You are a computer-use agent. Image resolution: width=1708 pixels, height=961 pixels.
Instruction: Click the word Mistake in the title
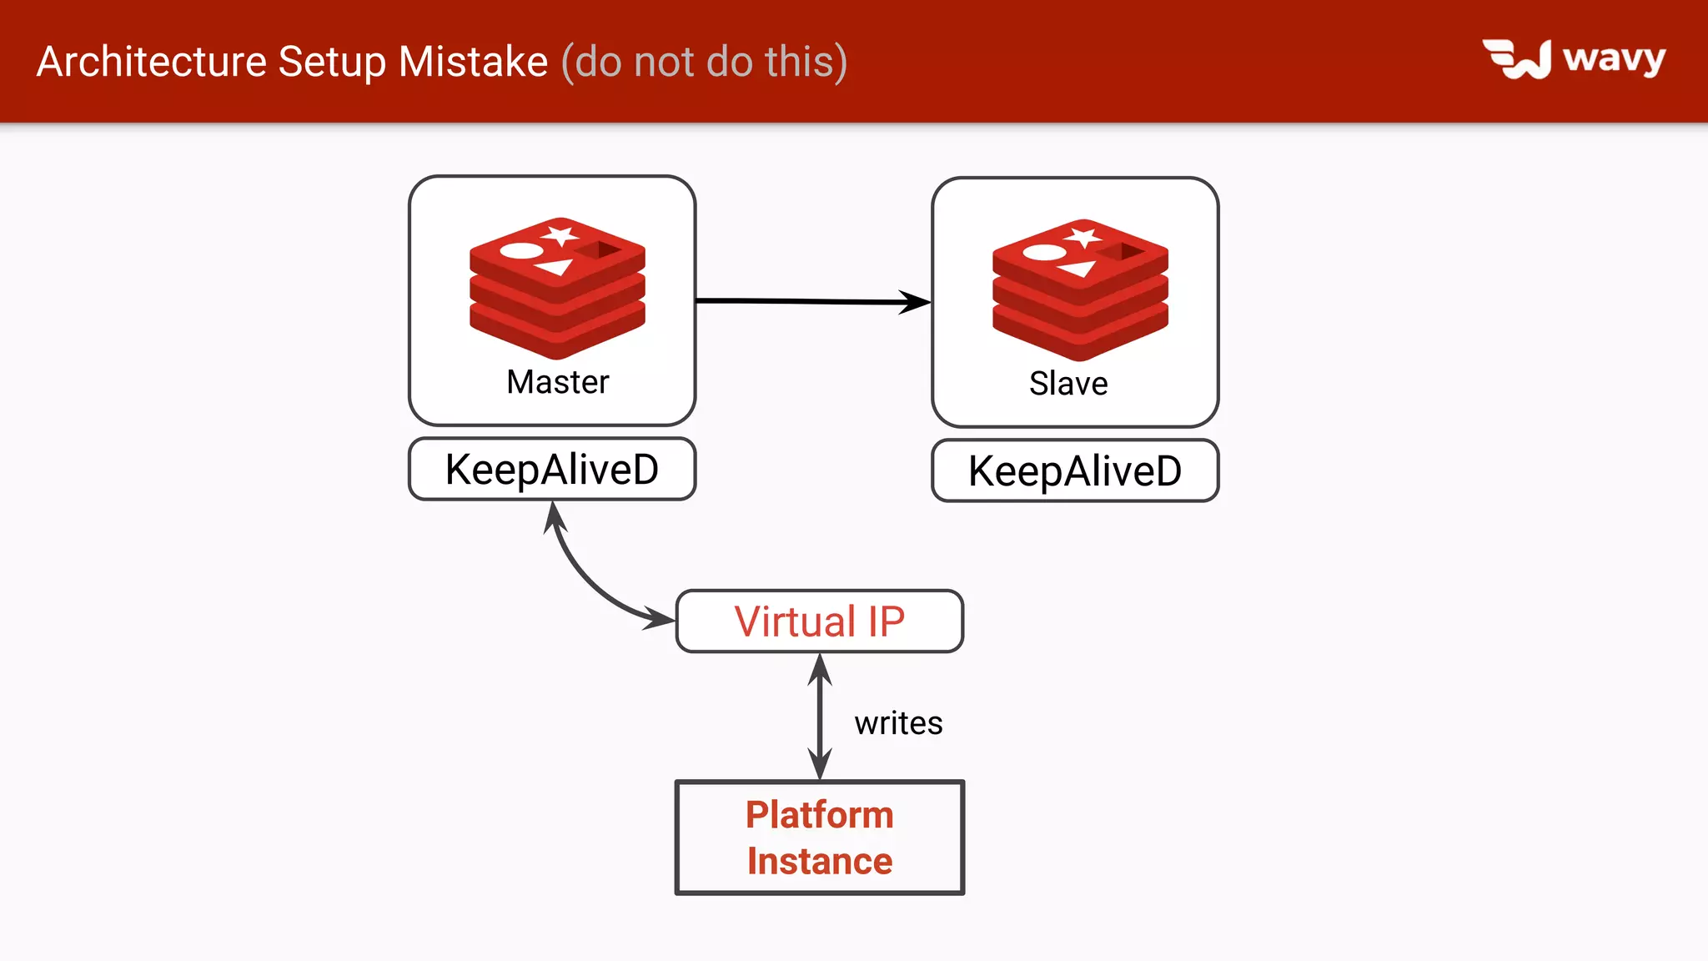pyautogui.click(x=473, y=62)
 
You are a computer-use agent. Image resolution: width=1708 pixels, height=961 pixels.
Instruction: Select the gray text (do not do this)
pyautogui.click(x=705, y=62)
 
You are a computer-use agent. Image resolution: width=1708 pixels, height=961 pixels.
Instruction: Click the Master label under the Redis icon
pyautogui.click(x=558, y=382)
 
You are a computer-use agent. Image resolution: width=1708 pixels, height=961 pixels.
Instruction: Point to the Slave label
pyautogui.click(x=1068, y=384)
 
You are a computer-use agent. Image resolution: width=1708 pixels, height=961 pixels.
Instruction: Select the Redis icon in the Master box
pyautogui.click(x=557, y=288)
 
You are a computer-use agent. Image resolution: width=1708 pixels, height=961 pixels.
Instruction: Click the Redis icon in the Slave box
pyautogui.click(x=1080, y=289)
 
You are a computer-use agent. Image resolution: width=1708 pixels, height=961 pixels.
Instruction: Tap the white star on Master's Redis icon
pyautogui.click(x=560, y=234)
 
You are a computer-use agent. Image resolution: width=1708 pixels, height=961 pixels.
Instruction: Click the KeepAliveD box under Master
pyautogui.click(x=552, y=469)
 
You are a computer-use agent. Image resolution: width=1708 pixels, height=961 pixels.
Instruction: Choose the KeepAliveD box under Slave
pyautogui.click(x=1075, y=470)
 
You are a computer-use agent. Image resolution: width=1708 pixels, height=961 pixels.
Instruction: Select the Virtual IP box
pyautogui.click(x=820, y=621)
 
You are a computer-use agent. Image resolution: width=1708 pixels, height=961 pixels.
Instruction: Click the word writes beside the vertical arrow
pyautogui.click(x=898, y=723)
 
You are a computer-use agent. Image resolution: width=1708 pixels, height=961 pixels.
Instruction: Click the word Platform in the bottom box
pyautogui.click(x=820, y=815)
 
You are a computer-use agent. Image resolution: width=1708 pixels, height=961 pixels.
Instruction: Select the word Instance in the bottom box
pyautogui.click(x=820, y=861)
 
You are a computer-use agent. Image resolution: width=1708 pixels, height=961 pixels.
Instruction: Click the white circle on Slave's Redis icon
pyautogui.click(x=1043, y=252)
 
